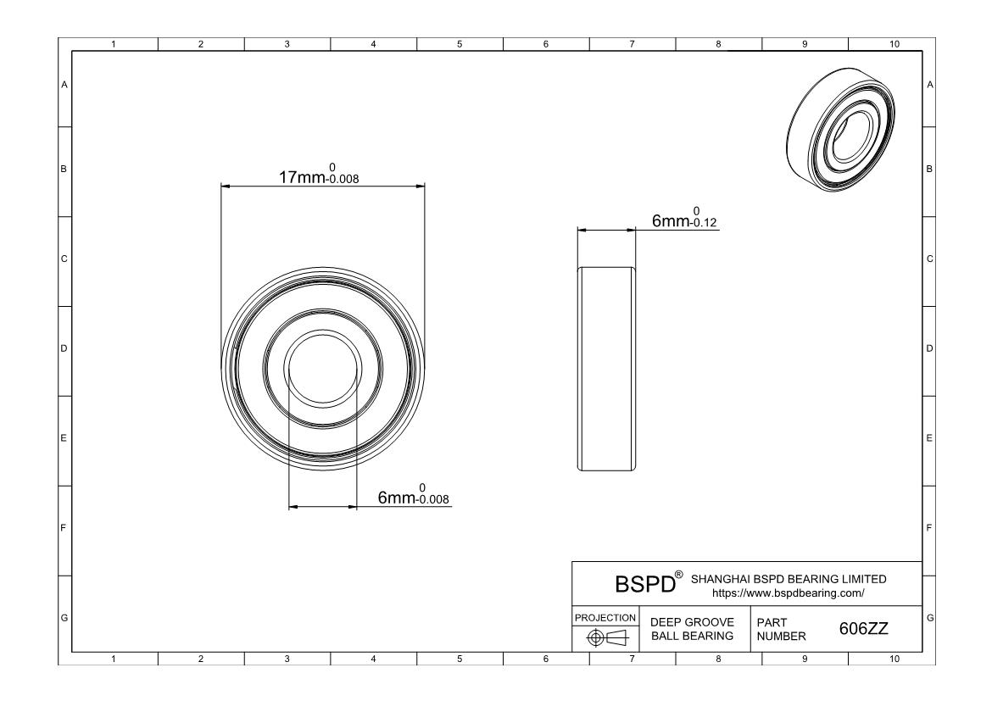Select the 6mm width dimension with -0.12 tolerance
click(684, 220)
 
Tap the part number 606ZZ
click(863, 628)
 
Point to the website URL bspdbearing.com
click(788, 593)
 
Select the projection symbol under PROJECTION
click(605, 637)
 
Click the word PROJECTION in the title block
click(605, 617)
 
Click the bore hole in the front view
click(322, 370)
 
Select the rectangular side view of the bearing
click(606, 369)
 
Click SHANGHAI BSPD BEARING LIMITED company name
click(789, 579)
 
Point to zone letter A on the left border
click(64, 84)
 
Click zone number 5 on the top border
click(459, 44)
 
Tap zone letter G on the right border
click(930, 616)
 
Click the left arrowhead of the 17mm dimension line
click(225, 186)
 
